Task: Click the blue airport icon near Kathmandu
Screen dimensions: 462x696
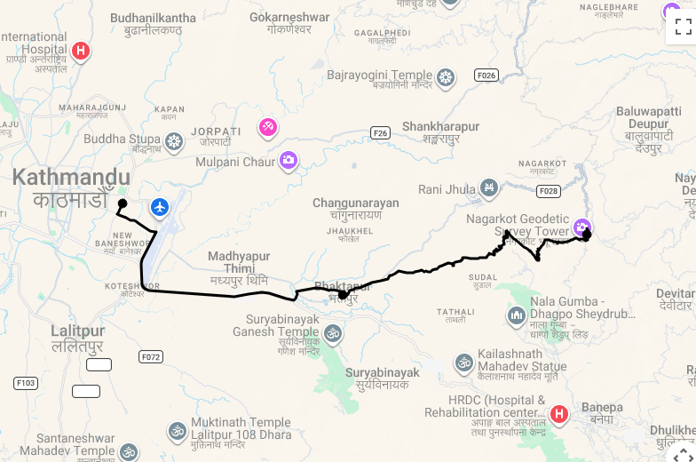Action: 160,208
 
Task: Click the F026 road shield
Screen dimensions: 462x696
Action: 486,76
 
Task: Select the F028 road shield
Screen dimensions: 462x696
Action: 549,191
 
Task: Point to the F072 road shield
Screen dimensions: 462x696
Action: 151,356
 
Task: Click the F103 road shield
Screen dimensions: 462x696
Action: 26,383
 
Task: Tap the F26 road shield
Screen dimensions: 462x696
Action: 380,133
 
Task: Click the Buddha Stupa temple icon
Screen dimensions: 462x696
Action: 175,140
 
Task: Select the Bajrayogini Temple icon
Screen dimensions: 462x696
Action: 446,77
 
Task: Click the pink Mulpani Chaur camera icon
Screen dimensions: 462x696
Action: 288,160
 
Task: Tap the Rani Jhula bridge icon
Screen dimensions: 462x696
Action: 488,188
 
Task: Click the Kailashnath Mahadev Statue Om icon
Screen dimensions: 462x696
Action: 463,362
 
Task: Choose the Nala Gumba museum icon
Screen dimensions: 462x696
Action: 517,315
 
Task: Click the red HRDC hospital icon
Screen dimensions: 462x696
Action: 559,413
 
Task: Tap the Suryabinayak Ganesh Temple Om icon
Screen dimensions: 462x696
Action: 333,333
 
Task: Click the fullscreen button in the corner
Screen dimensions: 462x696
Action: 682,26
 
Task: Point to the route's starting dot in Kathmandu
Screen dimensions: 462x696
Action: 123,204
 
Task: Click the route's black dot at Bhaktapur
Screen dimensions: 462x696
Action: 343,294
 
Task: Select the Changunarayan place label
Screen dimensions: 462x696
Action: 355,203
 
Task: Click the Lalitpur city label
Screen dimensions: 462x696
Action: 77,331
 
